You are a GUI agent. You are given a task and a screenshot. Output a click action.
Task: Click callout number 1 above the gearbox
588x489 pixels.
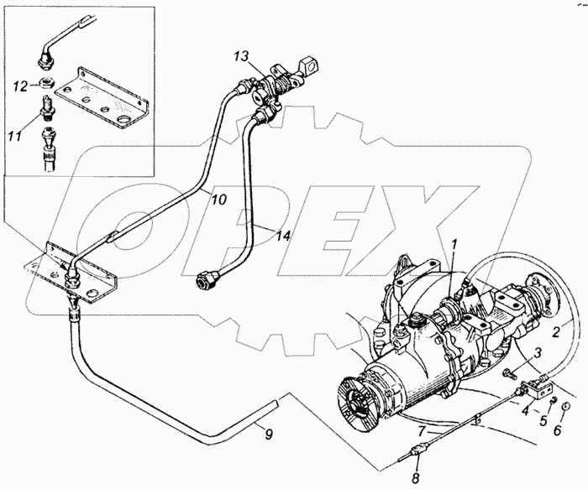pyautogui.click(x=454, y=245)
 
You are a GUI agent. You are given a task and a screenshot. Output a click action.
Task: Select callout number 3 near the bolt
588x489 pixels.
pyautogui.click(x=538, y=353)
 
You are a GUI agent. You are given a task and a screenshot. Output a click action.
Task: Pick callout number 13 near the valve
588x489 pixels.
pyautogui.click(x=242, y=56)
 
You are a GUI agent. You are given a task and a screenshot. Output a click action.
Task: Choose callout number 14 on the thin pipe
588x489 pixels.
pyautogui.click(x=286, y=237)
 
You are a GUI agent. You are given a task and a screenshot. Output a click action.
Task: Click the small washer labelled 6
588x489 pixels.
pyautogui.click(x=564, y=408)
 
